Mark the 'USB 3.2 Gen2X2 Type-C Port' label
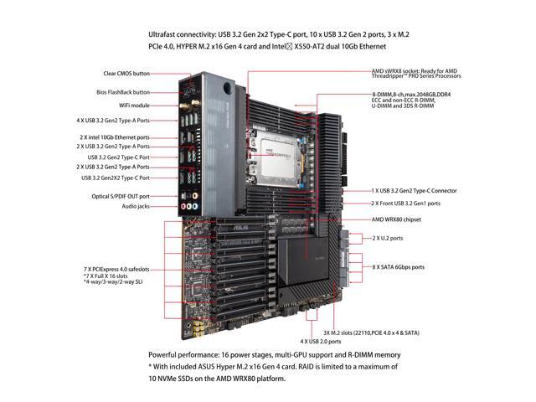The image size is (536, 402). [116, 178]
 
